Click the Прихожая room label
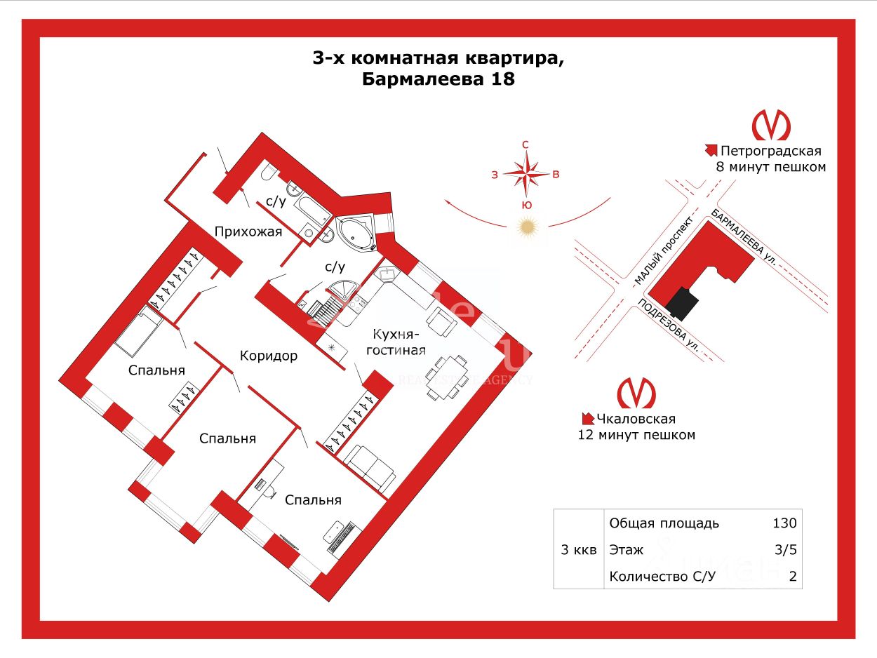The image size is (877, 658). coord(248,232)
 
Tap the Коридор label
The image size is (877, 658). coord(268,356)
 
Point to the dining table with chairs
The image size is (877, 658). coord(446,377)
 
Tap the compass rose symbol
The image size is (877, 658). coord(525,173)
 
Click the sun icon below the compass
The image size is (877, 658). coord(526,228)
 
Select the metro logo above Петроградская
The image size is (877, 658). coord(770,126)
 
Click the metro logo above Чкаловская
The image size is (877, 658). coord(636,393)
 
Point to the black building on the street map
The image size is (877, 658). coord(682,304)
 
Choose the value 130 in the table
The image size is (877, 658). coord(784,523)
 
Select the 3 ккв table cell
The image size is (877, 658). coord(579,550)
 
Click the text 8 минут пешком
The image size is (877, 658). coord(770,167)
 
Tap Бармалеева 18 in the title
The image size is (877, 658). coord(438,79)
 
